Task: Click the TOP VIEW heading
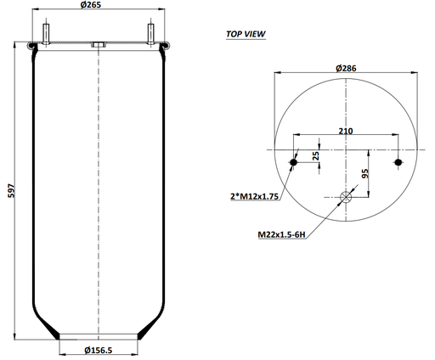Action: point(244,35)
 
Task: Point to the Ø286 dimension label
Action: point(346,67)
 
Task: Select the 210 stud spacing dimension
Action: point(346,131)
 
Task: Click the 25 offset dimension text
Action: point(316,156)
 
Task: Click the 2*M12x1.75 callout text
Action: point(255,196)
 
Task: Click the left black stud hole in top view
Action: point(294,162)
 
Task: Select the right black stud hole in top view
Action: point(398,162)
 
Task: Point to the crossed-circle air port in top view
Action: point(346,198)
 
